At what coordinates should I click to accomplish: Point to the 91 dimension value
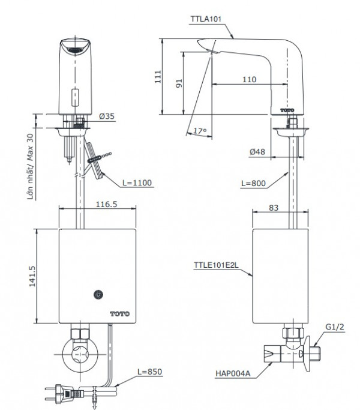pyautogui.click(x=178, y=83)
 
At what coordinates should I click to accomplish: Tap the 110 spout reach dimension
pyautogui.click(x=249, y=79)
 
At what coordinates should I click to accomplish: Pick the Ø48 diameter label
pyautogui.click(x=259, y=152)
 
